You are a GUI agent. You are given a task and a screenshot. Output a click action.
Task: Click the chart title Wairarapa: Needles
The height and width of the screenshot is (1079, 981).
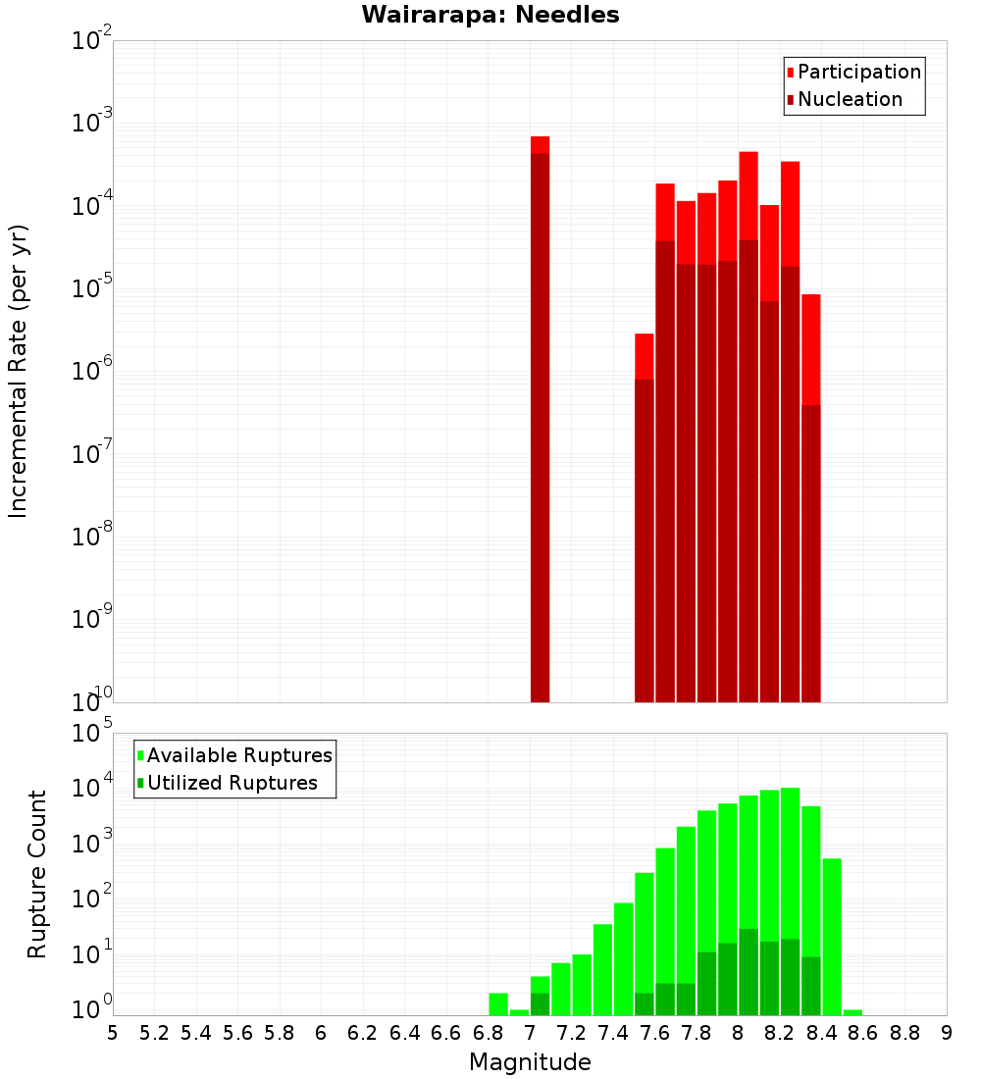tap(490, 15)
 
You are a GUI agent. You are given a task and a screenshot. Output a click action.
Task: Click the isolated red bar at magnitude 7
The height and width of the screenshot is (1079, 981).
tap(540, 422)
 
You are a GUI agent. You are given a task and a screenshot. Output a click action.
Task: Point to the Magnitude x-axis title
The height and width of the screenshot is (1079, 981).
tap(530, 1062)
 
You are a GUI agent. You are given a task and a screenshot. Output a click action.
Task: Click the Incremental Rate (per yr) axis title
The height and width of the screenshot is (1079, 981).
tap(18, 371)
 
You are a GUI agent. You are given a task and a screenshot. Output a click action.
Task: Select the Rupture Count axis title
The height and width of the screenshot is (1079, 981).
tap(37, 873)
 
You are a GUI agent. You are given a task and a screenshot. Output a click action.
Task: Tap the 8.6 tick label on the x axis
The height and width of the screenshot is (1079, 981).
tap(863, 1032)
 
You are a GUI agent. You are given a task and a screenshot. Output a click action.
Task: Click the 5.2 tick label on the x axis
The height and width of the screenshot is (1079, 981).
tap(155, 1032)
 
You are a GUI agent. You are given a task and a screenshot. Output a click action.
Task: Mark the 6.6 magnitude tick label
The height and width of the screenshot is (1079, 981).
tap(446, 1032)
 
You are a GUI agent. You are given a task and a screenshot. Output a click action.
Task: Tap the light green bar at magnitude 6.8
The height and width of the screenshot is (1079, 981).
tap(498, 1003)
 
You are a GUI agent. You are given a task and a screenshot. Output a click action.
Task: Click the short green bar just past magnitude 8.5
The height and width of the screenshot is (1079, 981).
tap(852, 1012)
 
